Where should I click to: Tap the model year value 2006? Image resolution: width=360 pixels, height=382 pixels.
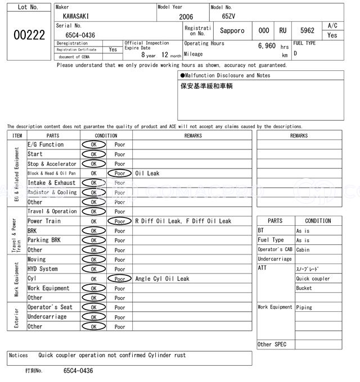[x=186, y=17]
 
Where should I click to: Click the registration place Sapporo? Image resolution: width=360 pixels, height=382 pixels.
[x=232, y=31]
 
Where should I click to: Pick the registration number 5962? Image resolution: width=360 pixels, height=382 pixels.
[x=307, y=31]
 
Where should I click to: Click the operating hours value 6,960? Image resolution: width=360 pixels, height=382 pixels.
[x=267, y=46]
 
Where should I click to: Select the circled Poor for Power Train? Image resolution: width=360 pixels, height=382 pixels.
[x=119, y=221]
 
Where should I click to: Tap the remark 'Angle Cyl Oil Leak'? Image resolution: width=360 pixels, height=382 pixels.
[x=162, y=279]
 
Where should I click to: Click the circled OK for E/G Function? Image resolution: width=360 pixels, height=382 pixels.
[x=93, y=145]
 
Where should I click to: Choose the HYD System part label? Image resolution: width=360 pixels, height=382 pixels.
[x=43, y=269]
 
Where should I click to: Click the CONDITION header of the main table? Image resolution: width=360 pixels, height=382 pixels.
[x=106, y=135]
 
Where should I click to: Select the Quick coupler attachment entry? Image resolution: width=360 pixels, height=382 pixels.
[x=313, y=279]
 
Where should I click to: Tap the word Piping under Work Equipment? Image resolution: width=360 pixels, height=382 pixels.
[x=304, y=307]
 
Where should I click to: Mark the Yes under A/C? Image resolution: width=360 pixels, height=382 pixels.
[x=332, y=35]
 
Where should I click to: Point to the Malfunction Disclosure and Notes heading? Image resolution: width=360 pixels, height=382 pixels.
[x=225, y=75]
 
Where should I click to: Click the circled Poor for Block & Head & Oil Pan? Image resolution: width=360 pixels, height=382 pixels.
[x=119, y=174]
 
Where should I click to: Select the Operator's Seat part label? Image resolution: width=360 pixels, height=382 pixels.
[x=51, y=307]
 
